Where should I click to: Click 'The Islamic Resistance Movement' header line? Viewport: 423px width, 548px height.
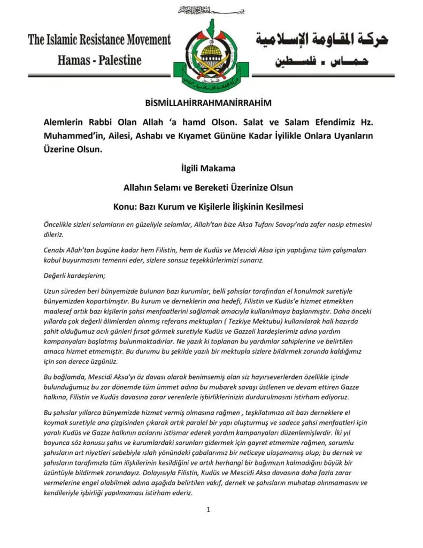(x=99, y=40)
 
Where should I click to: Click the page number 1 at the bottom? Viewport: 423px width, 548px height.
(x=209, y=509)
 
